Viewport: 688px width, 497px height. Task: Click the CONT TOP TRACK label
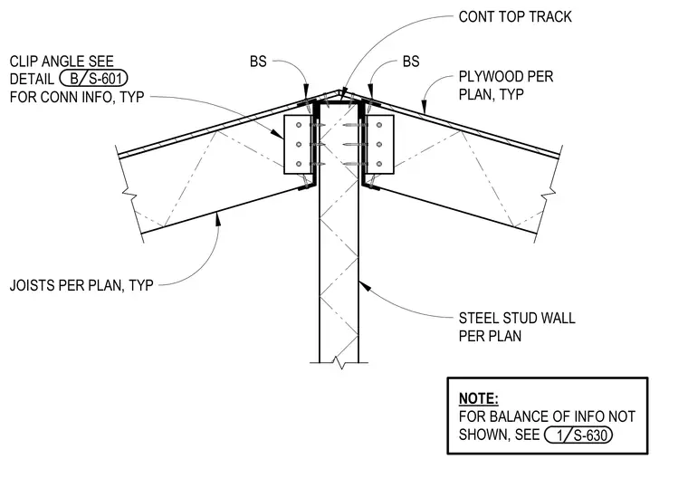[x=515, y=16]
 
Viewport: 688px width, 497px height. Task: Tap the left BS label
[x=258, y=62]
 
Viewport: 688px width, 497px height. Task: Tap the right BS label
[x=411, y=62]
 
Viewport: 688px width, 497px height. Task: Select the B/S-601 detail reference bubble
[x=93, y=79]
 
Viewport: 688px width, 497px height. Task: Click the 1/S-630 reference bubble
[x=578, y=435]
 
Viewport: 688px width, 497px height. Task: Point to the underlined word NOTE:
[x=478, y=398]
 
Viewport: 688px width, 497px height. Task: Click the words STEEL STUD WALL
[x=517, y=318]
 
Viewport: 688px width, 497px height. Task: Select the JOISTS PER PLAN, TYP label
[x=81, y=285]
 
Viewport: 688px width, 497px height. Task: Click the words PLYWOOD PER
[x=506, y=77]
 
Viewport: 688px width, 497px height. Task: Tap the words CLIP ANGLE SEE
[x=62, y=61]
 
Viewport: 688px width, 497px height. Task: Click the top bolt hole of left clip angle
[x=299, y=126]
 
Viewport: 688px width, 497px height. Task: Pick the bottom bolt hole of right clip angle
[x=379, y=164]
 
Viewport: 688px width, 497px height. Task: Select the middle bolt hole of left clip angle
[x=299, y=145]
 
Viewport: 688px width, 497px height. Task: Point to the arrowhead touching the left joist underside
[x=217, y=218]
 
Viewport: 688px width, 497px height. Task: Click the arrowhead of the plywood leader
[x=424, y=107]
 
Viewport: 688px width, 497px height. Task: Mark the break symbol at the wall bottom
[x=339, y=363]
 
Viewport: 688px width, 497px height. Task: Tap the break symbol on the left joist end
[x=129, y=193]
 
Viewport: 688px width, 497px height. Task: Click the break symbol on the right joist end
[x=549, y=193]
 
